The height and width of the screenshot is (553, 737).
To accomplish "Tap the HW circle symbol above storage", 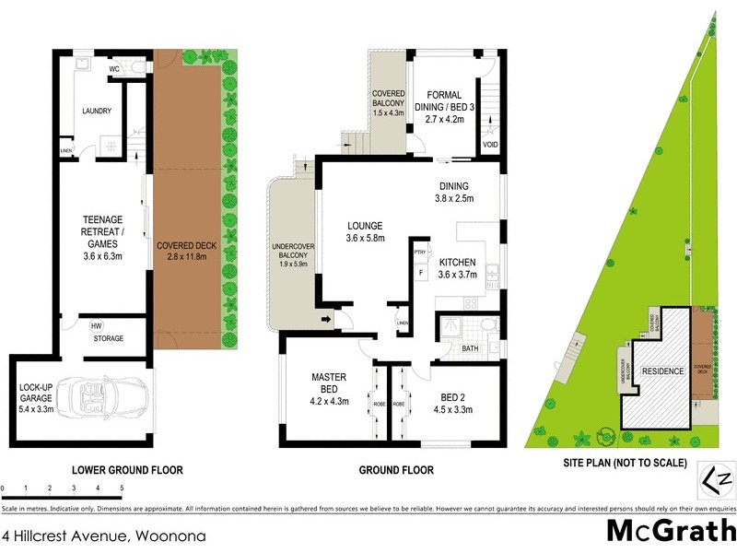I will pyautogui.click(x=96, y=325).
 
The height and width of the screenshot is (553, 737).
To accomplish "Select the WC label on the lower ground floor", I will pyautogui.click(x=115, y=69).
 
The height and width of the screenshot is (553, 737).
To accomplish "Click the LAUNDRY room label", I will pyautogui.click(x=97, y=112).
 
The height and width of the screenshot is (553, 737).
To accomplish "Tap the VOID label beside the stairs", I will pyautogui.click(x=489, y=146).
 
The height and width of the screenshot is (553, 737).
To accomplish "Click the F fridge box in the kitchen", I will pyautogui.click(x=421, y=273).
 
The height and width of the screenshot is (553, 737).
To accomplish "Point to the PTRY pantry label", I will pyautogui.click(x=418, y=252).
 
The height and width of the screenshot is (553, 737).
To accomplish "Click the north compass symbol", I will pyautogui.click(x=717, y=479).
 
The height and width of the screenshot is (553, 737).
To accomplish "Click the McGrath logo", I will pyautogui.click(x=669, y=530).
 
